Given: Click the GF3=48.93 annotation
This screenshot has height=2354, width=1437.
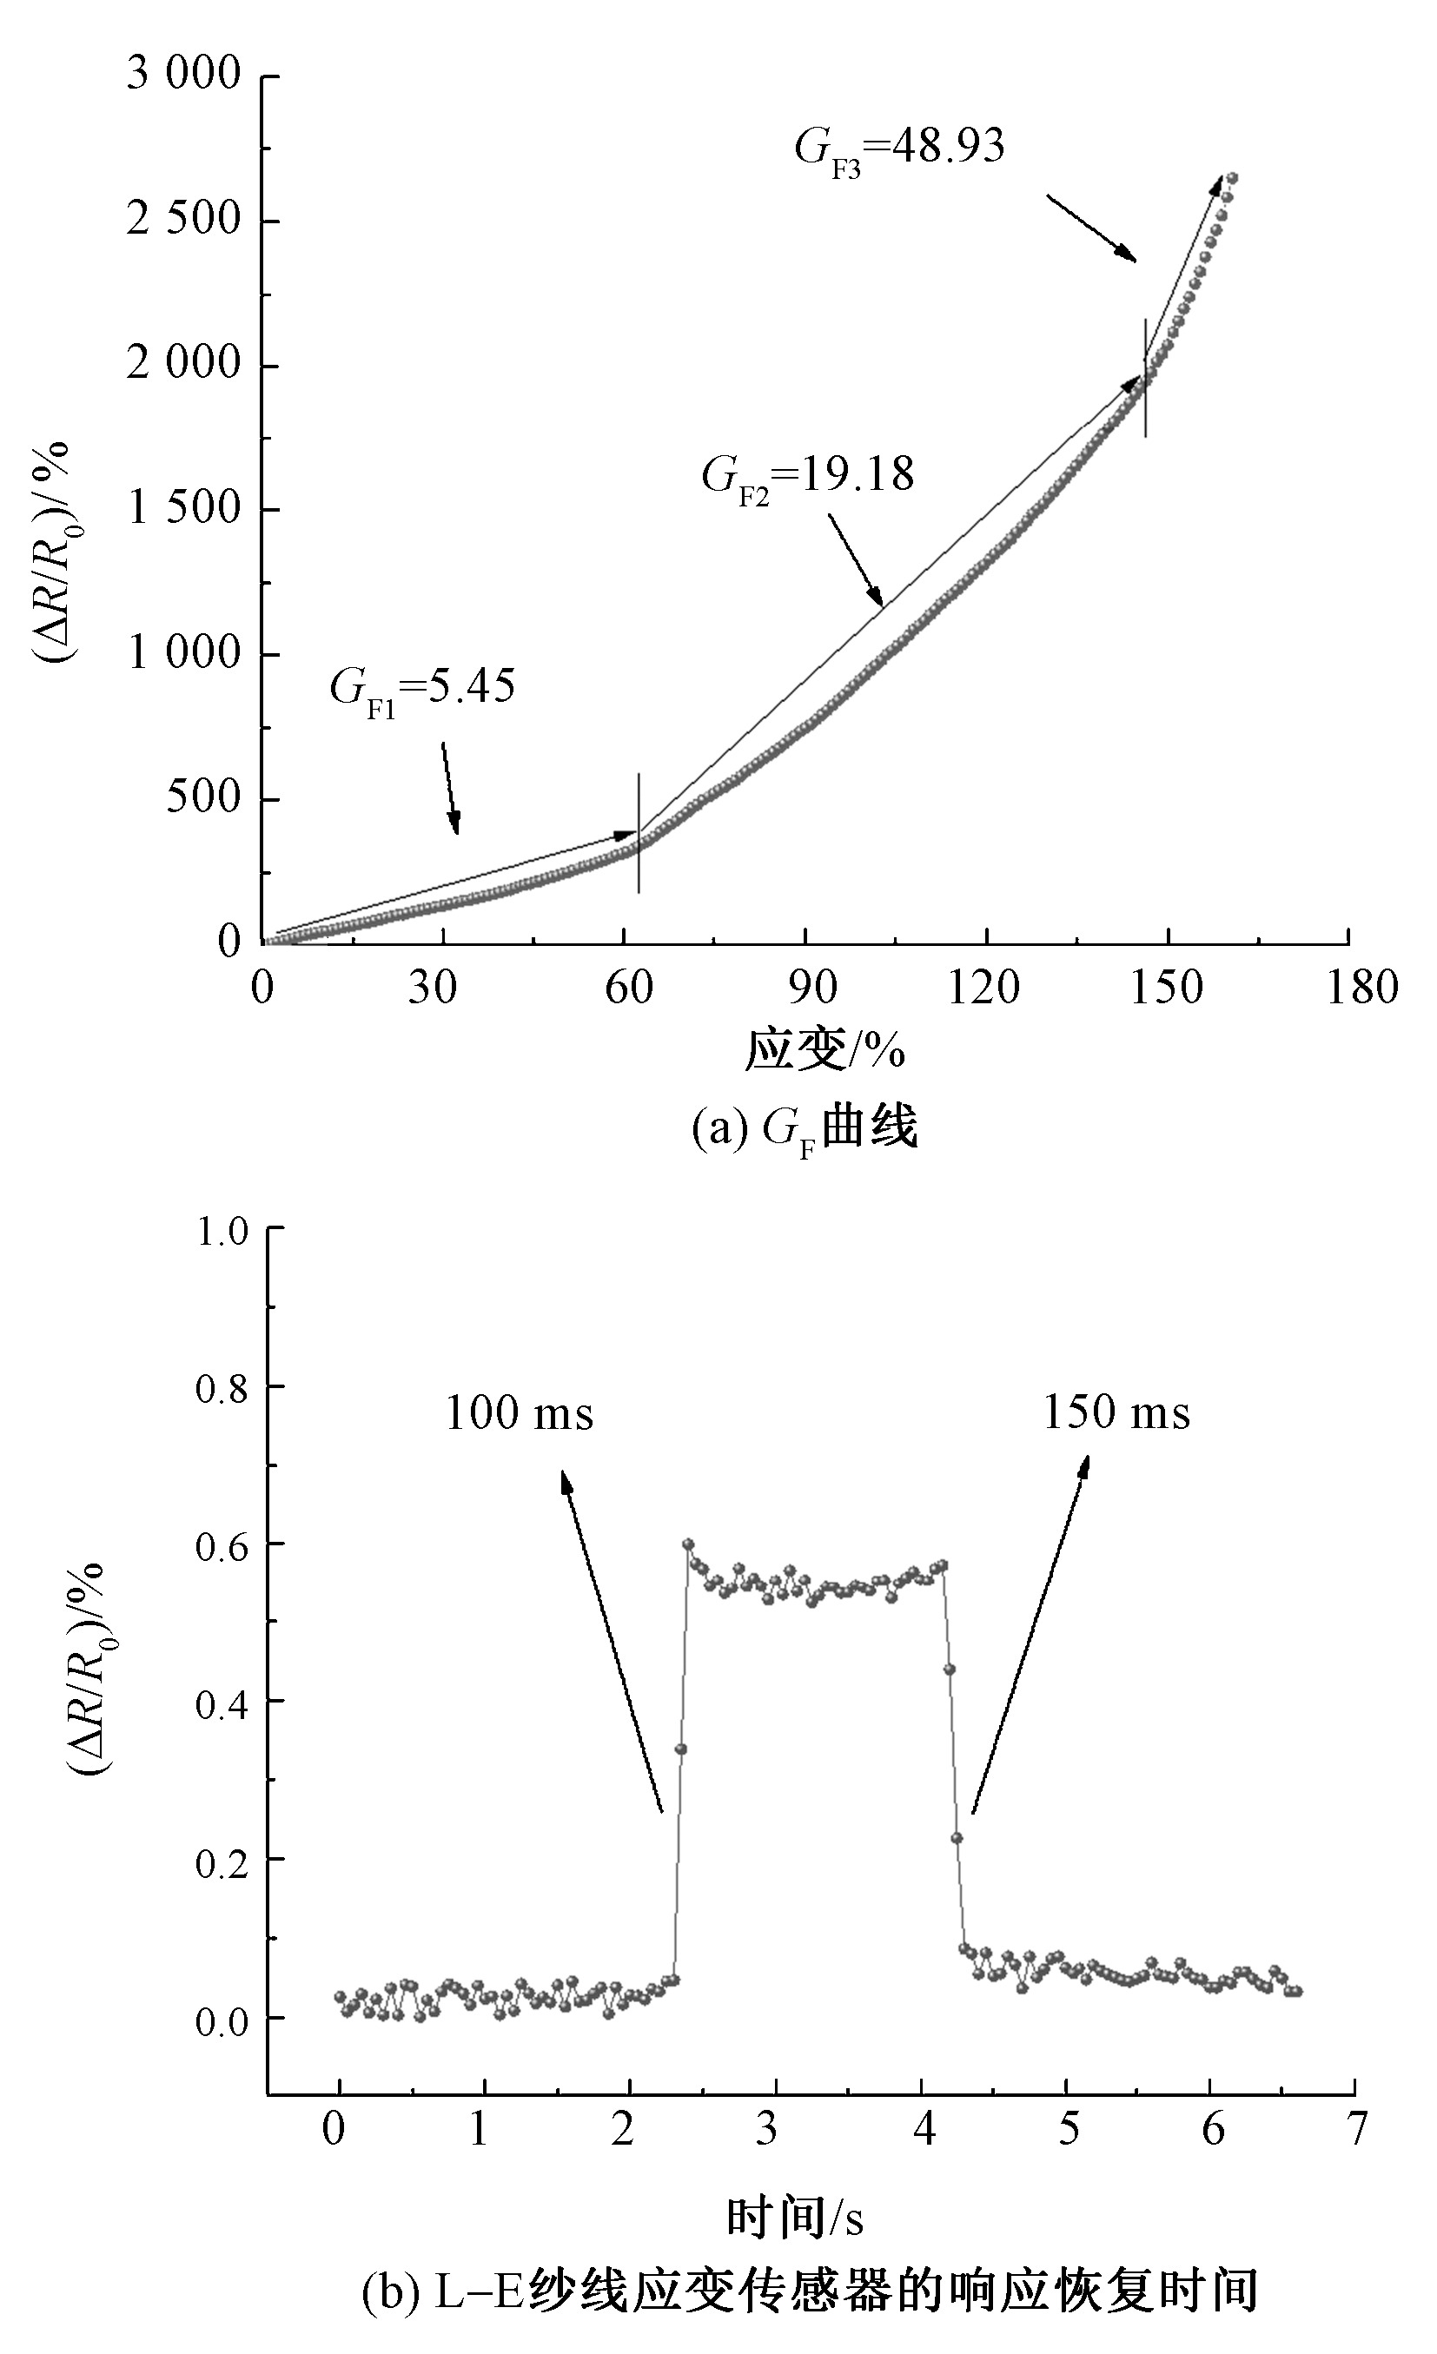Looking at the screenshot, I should pos(899,150).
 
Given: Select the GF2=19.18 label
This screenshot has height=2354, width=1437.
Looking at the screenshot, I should pos(807,475).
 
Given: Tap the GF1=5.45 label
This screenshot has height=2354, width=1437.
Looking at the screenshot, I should pos(422,688).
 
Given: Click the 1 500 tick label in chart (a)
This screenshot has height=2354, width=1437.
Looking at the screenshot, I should pos(183,508).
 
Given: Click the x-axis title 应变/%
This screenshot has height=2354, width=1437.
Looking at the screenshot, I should pos(824,1050).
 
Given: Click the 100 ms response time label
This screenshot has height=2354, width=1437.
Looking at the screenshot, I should pos(519,1414).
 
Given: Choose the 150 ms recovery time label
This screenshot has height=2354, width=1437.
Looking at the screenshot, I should pos(1116,1412).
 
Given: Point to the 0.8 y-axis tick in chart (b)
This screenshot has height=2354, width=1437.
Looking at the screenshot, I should pos(222,1388).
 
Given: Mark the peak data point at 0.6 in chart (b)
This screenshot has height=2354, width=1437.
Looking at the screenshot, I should pos(688,1544).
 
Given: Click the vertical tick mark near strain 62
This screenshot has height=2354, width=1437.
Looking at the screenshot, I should pos(639,833).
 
